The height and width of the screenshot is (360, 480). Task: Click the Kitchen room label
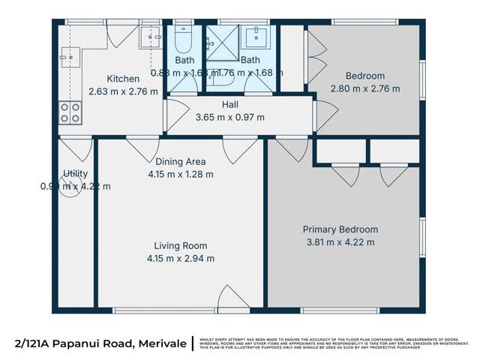(x=122, y=79)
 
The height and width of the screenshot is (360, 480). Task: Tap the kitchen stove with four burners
(x=70, y=112)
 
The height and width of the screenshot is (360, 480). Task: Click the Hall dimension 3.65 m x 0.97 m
(x=229, y=117)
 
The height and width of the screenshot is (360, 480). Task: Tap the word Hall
(x=229, y=105)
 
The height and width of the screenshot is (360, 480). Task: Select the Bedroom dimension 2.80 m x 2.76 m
(x=364, y=88)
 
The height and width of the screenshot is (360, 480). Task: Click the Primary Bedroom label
(x=340, y=229)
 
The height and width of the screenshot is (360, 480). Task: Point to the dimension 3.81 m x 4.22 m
(x=340, y=241)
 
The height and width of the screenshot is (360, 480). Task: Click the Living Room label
(x=180, y=246)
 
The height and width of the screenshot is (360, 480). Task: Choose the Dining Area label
(x=180, y=161)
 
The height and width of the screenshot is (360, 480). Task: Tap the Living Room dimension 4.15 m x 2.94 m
(x=180, y=259)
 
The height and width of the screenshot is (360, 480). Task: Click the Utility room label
(x=75, y=174)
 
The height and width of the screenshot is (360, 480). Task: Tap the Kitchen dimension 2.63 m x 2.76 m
(x=122, y=91)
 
